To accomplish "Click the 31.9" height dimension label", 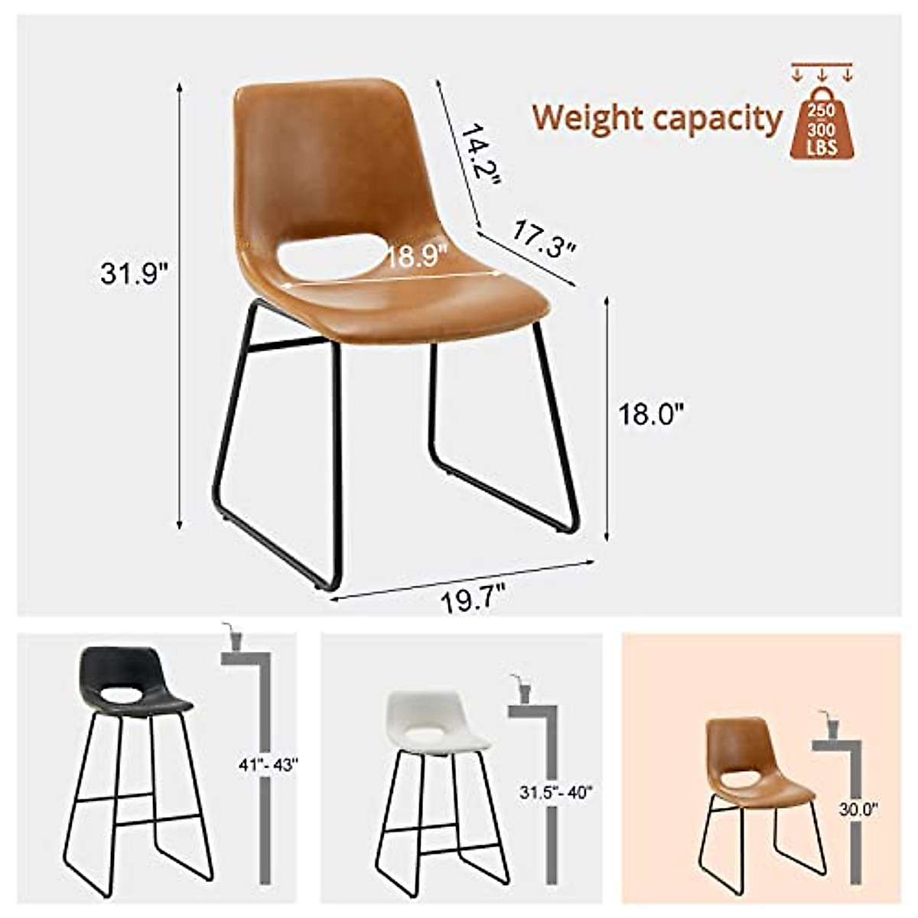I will (134, 273).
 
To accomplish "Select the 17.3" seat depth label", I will (543, 238).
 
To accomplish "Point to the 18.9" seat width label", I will (418, 256).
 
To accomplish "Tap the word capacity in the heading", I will (717, 119).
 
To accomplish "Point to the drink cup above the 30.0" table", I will (832, 723).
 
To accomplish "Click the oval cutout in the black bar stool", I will (122, 696).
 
